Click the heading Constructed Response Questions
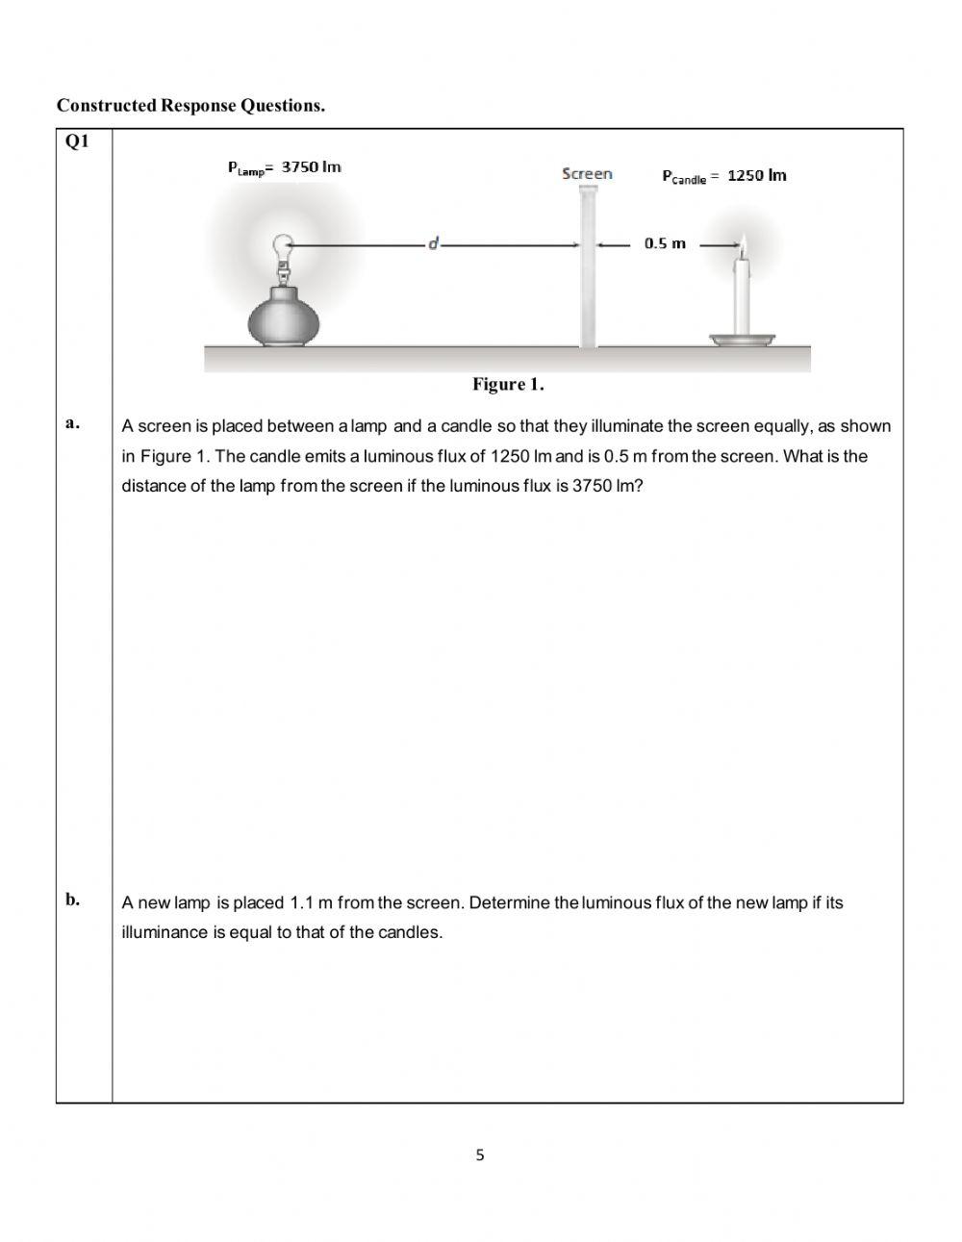[190, 106]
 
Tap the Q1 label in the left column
[77, 142]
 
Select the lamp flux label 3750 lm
[284, 167]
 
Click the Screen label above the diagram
[587, 174]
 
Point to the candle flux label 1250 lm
[723, 176]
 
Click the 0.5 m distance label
[665, 243]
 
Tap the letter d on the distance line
[433, 244]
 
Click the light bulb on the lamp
[283, 248]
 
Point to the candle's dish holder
[744, 339]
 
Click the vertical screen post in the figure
[587, 269]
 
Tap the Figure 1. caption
[508, 385]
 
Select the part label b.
[72, 900]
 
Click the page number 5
[480, 1155]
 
